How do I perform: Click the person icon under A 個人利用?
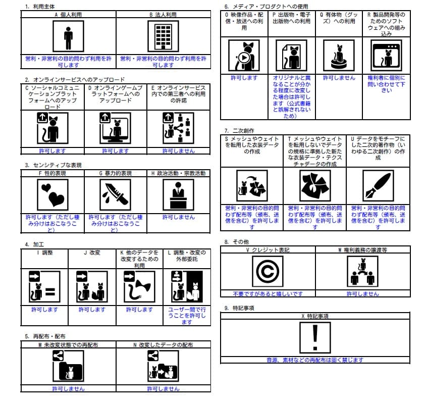68,37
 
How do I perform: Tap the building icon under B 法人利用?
163,37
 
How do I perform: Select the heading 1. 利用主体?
40,7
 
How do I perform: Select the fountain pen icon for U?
378,185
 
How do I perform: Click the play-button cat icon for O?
244,56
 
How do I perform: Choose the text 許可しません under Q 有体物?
338,78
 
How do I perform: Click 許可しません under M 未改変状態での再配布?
68,389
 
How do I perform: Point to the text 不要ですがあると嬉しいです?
268,293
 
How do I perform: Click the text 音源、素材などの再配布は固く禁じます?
315,360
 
